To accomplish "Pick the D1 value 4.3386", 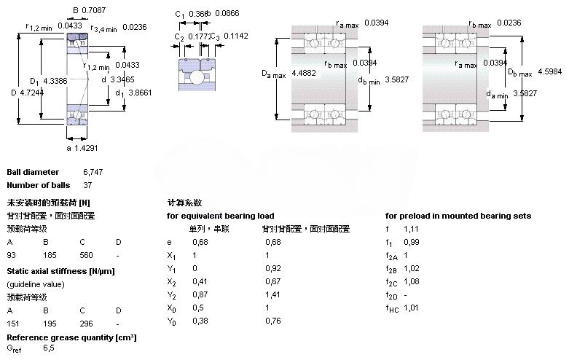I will [x=56, y=81].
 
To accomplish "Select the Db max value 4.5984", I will [x=552, y=71].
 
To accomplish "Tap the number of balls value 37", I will [x=88, y=185].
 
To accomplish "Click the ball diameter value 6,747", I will [x=93, y=172].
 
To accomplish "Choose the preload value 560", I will [x=87, y=255].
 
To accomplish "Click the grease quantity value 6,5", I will [x=50, y=349].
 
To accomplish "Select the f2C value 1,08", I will [x=412, y=281].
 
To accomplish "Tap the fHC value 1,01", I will [x=412, y=308].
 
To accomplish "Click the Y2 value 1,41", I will [x=273, y=294].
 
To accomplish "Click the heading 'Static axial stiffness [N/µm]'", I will [x=60, y=271].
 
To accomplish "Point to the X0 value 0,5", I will [x=197, y=308].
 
